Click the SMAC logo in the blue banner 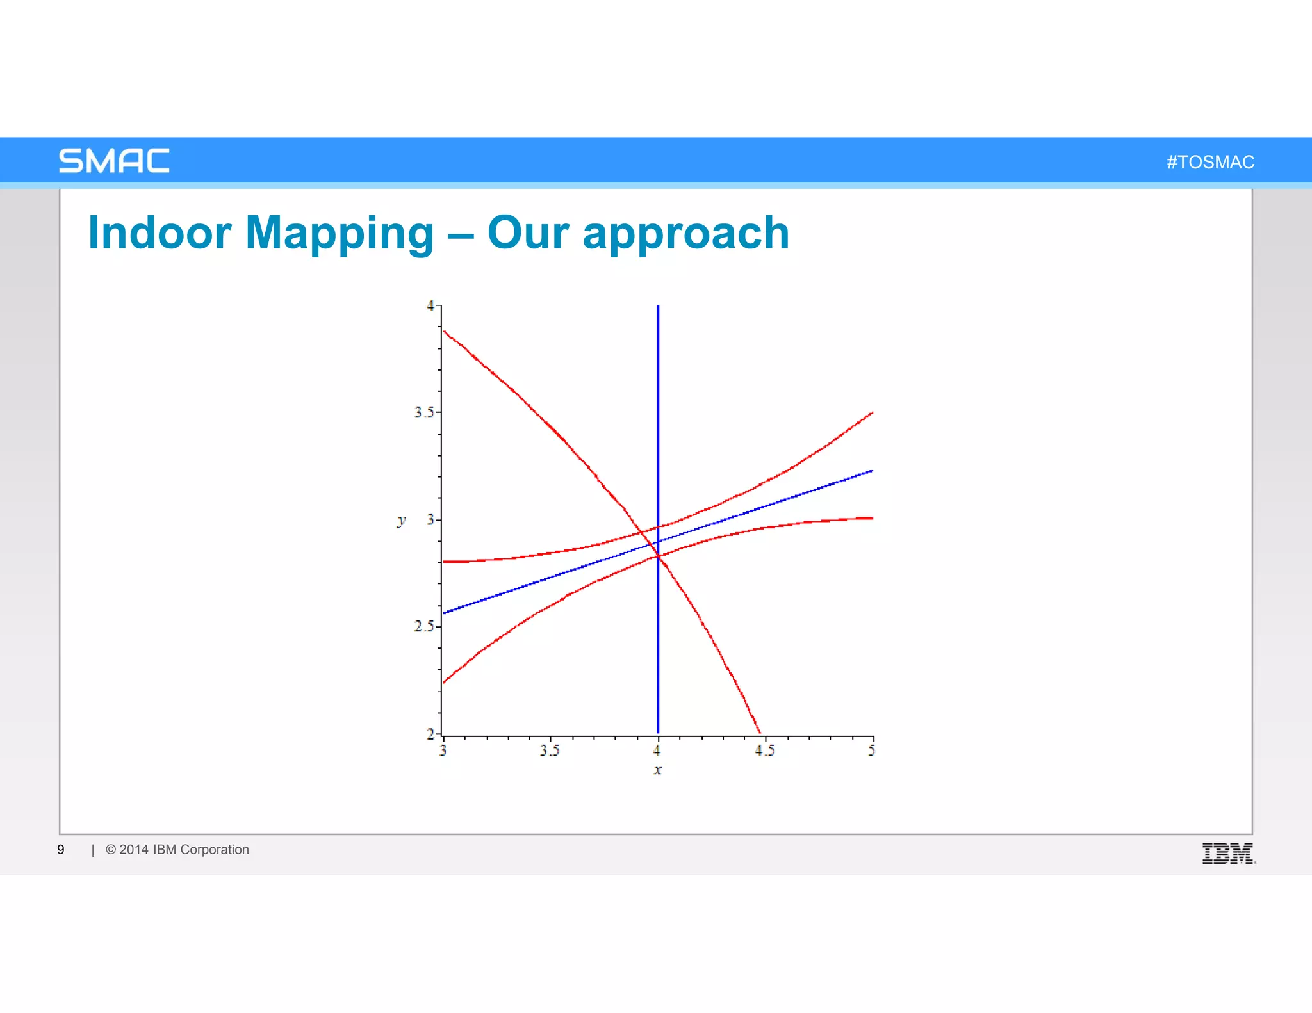[x=114, y=161]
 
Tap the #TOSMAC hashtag [x=1210, y=162]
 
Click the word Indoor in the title [x=160, y=232]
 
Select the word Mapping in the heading [x=340, y=232]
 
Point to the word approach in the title [x=685, y=232]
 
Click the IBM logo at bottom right [x=1227, y=854]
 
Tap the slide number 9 [x=61, y=850]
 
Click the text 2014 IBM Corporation [x=184, y=850]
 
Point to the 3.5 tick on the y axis [x=423, y=412]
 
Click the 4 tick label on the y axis [x=430, y=306]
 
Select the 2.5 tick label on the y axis [x=423, y=626]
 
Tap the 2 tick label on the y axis [x=430, y=734]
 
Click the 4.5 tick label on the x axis [x=764, y=750]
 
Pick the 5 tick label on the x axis [x=872, y=750]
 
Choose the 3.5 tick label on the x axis [x=549, y=750]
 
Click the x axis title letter [x=657, y=770]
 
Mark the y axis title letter [x=402, y=520]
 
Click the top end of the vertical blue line [x=658, y=307]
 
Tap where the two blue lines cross [x=658, y=542]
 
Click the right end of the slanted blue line [x=872, y=471]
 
